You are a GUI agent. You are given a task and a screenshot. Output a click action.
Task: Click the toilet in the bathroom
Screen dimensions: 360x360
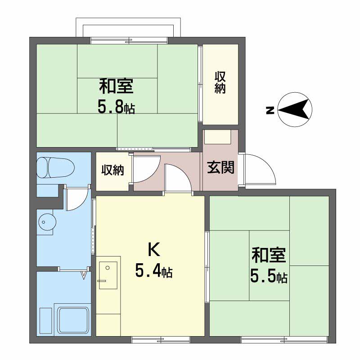(x=55, y=167)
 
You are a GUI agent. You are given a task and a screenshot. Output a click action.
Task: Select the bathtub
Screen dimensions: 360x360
(x=73, y=320)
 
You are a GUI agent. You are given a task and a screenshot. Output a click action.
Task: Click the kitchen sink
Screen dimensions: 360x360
(x=108, y=275)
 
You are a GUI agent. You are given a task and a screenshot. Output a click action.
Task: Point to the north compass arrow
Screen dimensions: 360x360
(x=295, y=109)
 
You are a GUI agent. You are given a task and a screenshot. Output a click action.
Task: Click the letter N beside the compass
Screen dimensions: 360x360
(x=270, y=110)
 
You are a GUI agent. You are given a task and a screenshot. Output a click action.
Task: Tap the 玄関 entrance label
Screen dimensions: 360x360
(x=220, y=167)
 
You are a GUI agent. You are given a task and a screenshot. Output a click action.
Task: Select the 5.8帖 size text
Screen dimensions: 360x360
(x=116, y=108)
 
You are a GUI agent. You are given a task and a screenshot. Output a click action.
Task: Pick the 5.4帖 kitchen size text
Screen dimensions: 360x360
(x=154, y=271)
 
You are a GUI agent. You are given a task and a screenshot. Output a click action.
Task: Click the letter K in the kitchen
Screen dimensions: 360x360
(x=154, y=250)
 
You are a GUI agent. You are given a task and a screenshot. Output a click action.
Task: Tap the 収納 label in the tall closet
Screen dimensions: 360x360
(x=220, y=82)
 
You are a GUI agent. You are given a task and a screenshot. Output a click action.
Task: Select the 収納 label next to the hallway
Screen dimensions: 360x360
(x=112, y=170)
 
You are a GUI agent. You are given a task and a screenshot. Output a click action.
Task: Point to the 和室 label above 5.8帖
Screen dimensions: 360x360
(x=116, y=86)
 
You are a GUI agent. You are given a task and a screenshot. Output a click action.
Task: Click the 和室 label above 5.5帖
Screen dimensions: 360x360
(x=269, y=255)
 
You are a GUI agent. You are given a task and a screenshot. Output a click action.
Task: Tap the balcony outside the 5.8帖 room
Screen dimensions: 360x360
(x=128, y=27)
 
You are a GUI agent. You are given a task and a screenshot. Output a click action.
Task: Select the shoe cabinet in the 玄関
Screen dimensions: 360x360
(x=218, y=137)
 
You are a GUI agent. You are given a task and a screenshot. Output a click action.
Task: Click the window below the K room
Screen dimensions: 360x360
(x=161, y=340)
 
